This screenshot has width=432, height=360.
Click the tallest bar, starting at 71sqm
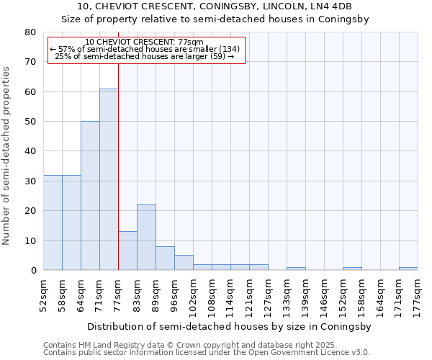tap(109, 179)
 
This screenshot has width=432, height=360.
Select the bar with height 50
tap(90, 196)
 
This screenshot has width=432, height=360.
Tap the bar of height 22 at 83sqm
tap(146, 238)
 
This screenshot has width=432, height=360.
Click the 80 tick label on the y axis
tap(30, 32)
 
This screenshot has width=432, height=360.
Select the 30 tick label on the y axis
tap(30, 181)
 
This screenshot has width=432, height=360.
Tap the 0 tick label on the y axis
tap(33, 270)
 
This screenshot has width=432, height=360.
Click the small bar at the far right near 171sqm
tap(408, 269)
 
